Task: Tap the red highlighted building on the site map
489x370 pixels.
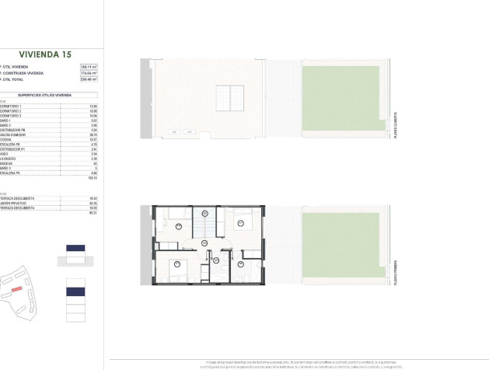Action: [x=16, y=288]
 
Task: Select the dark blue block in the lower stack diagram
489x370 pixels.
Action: [x=75, y=291]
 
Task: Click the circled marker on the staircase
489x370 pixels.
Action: [x=206, y=212]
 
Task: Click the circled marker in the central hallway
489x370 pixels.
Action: [x=204, y=244]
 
